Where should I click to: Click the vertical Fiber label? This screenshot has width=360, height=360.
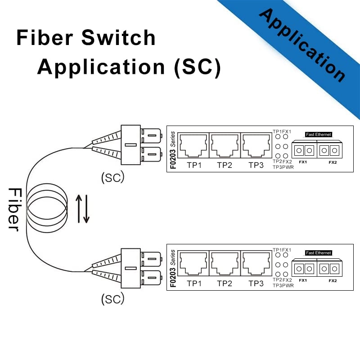pyautogui.click(x=13, y=209)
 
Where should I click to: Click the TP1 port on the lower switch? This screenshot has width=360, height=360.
pyautogui.click(x=193, y=265)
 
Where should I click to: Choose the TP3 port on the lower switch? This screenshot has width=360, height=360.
pyautogui.click(x=256, y=265)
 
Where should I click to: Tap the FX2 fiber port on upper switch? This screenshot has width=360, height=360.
pyautogui.click(x=329, y=149)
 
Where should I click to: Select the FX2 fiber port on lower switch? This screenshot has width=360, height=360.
pyautogui.click(x=329, y=269)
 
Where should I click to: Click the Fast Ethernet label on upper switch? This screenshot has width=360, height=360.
pyautogui.click(x=318, y=134)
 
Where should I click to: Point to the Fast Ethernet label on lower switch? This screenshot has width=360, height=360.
pyautogui.click(x=318, y=253)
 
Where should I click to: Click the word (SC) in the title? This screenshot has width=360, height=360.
pyautogui.click(x=197, y=67)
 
